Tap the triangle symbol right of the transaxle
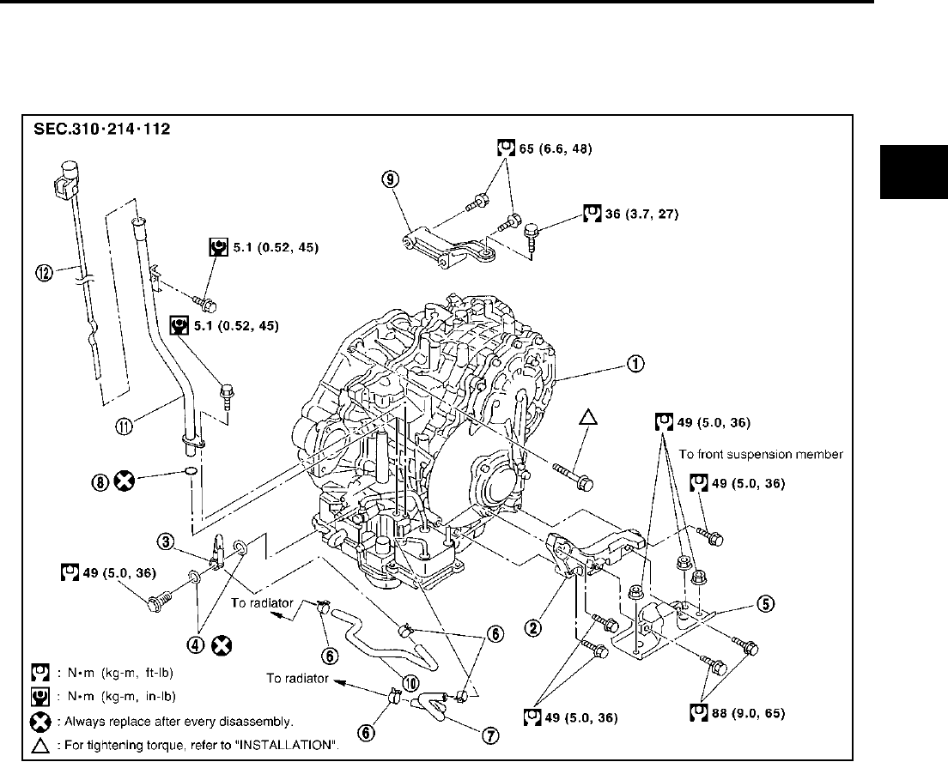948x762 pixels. [x=587, y=418]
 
